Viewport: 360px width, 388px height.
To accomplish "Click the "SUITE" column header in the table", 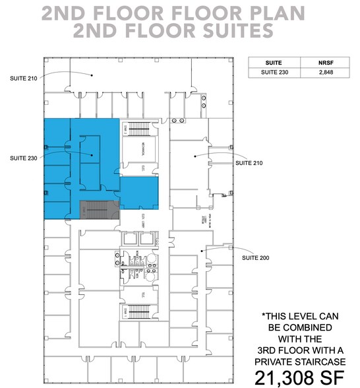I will tap(274, 63).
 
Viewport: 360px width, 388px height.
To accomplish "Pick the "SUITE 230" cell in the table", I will tap(274, 73).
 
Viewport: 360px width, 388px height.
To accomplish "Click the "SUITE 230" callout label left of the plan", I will tap(24, 158).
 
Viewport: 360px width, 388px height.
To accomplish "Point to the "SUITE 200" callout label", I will tap(256, 257).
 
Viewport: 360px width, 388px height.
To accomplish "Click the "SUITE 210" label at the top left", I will tap(24, 78).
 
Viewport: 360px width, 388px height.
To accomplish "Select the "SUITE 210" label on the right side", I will tap(251, 162).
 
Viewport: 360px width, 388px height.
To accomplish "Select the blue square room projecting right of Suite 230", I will tap(139, 194).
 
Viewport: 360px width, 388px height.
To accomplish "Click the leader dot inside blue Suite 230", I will tap(92, 156).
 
